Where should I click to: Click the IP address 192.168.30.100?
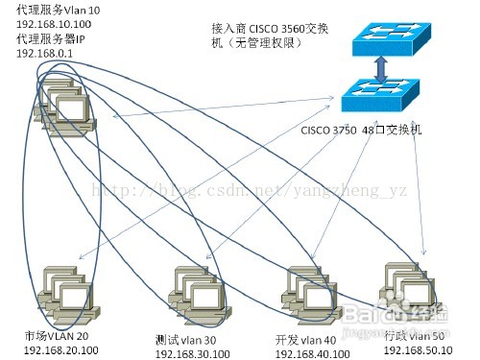pos(194,354)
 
